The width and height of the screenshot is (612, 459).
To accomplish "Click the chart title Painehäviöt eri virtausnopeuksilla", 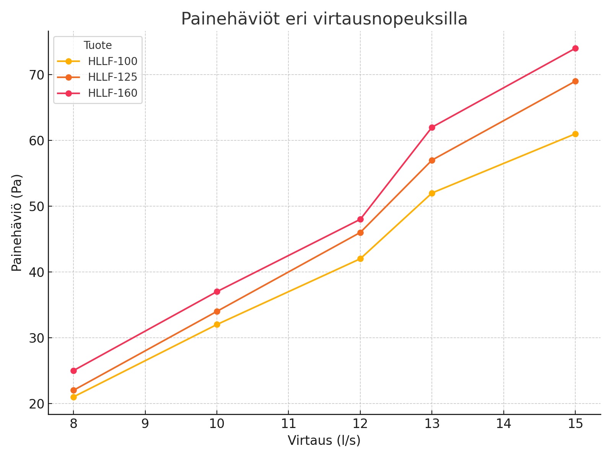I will pos(324,19).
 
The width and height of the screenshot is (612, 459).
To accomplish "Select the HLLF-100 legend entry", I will pos(112,61).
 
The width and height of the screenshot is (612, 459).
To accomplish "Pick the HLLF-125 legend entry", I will pos(112,77).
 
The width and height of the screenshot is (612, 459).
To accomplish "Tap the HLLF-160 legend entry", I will pos(112,93).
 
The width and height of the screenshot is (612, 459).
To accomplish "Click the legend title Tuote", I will pos(98,46).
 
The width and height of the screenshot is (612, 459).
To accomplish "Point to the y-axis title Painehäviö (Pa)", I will pos(17,223).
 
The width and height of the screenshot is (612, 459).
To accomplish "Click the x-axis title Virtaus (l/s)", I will pos(324,441).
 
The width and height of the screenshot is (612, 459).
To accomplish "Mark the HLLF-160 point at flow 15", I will pos(575,48).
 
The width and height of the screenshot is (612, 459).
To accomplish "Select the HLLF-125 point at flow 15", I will pos(575,81).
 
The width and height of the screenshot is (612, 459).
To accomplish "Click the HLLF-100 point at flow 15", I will pos(575,134).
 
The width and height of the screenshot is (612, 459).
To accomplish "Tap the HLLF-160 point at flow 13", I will pos(432,127).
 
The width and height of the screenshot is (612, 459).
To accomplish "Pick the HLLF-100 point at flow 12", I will pos(360,259).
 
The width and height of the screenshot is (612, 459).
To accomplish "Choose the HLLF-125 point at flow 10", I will pos(217,311).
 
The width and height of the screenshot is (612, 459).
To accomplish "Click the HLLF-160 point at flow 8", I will pos(73,371).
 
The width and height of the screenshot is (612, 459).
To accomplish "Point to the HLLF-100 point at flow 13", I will pos(432,193).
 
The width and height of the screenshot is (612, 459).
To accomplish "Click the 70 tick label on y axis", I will pos(36,75).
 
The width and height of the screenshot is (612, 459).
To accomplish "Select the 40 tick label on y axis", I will pos(36,272).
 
